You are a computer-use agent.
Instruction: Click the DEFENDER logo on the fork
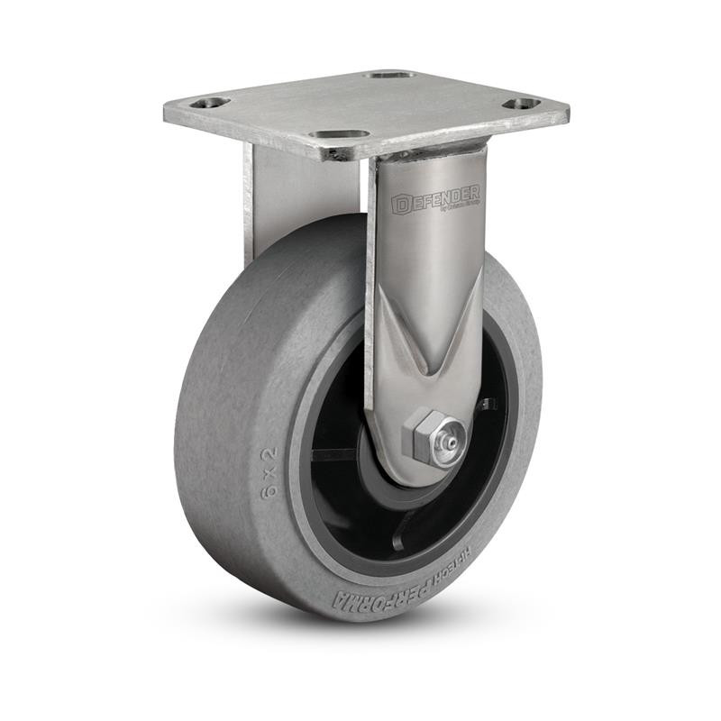click(x=436, y=200)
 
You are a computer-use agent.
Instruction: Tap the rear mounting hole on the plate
click(x=389, y=74)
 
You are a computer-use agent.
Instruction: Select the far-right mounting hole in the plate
click(x=521, y=104)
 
